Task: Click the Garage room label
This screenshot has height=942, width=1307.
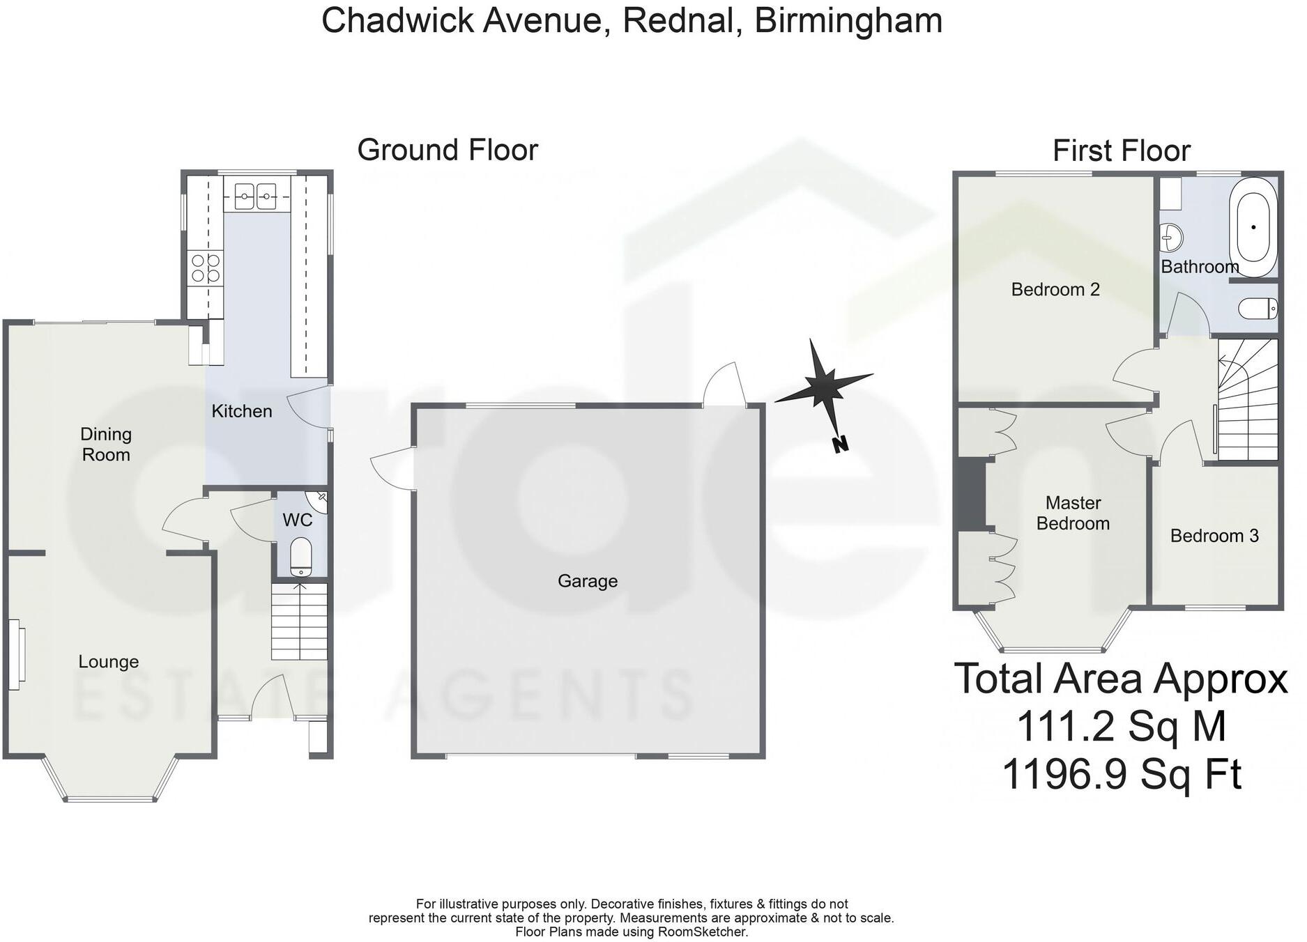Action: point(587,581)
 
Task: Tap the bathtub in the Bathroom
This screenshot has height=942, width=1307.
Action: point(1254,227)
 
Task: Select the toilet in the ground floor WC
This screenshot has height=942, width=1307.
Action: point(301,555)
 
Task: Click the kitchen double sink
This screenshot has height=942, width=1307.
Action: point(256,196)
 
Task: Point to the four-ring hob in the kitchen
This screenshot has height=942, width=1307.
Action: point(206,268)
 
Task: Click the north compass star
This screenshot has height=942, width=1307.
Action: point(823,384)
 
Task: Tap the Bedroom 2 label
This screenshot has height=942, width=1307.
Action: point(1055,289)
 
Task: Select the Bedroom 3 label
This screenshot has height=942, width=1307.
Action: point(1214,536)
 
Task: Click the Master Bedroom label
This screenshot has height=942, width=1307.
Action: point(1073,513)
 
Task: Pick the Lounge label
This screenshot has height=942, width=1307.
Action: point(108,662)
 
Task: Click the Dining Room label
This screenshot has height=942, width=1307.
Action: point(106,445)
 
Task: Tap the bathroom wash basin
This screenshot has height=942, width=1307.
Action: point(1170,238)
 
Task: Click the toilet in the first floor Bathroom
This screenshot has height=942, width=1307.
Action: point(1258,308)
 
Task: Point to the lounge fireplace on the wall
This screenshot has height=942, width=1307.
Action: point(17,655)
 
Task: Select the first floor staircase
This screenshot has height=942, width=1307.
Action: point(1248,400)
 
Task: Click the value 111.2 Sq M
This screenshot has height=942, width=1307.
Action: point(1121,726)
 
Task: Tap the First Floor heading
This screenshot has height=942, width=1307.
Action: point(1121,151)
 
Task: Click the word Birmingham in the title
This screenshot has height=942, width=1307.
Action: point(848,20)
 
